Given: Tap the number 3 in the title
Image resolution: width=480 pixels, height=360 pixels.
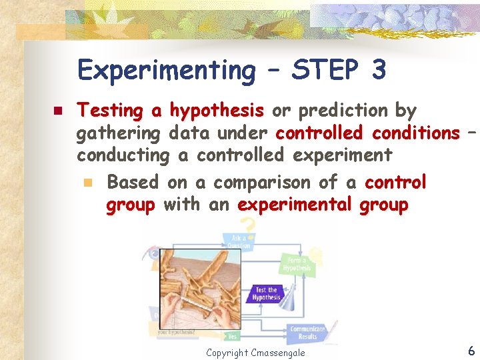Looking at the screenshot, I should click(x=378, y=69).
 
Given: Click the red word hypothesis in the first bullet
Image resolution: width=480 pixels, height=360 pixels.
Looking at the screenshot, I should click(x=217, y=110).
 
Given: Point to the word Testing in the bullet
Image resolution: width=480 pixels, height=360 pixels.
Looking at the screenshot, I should click(x=110, y=111).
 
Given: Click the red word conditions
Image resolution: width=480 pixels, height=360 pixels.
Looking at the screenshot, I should click(x=415, y=133).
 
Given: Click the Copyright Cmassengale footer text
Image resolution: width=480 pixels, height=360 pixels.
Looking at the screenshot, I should click(x=255, y=352).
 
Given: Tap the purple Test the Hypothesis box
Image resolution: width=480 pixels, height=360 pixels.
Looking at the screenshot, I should click(x=266, y=293).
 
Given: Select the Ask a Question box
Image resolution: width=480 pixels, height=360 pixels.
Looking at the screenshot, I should click(x=241, y=241).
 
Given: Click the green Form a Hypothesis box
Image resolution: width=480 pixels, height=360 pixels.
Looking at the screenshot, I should click(x=296, y=264).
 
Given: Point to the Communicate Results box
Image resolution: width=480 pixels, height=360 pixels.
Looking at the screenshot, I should click(x=307, y=332).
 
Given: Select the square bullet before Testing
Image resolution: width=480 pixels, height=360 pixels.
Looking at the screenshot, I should click(x=58, y=111).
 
